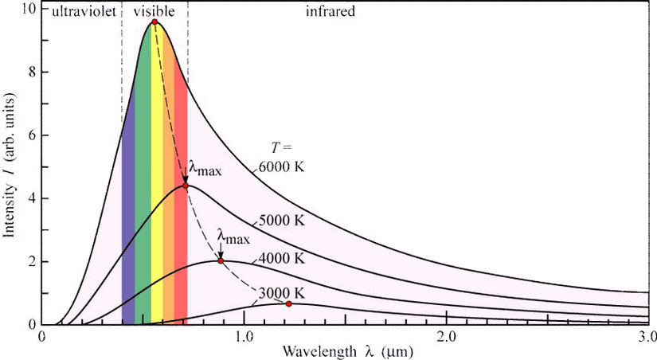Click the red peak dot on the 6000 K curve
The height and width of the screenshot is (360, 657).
click(x=155, y=22)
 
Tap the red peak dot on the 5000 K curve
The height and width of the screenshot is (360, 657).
click(x=186, y=186)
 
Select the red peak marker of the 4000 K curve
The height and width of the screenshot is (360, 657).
click(x=221, y=261)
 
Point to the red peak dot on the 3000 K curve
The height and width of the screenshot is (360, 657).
click(x=288, y=303)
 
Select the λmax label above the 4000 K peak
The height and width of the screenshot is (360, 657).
click(x=233, y=237)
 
